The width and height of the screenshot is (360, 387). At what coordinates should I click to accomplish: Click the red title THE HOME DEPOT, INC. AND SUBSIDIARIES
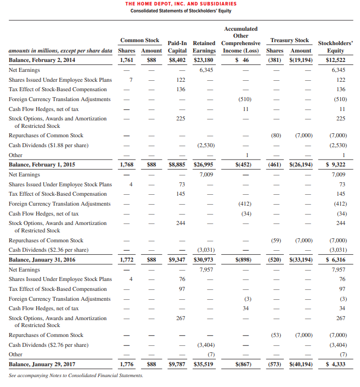click(180, 4)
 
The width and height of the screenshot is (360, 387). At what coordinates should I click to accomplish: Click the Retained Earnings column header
click(204, 47)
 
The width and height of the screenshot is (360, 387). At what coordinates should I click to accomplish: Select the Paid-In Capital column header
click(177, 47)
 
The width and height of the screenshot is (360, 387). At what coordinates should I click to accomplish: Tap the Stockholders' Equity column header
click(335, 47)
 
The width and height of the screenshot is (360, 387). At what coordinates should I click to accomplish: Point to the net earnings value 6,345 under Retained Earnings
click(206, 70)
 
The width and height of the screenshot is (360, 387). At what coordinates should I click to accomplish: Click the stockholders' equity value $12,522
click(335, 60)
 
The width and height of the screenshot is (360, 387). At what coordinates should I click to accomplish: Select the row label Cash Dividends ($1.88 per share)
click(49, 145)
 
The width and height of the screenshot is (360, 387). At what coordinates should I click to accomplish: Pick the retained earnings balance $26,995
click(203, 165)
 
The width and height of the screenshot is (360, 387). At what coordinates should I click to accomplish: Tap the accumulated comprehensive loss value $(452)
click(242, 165)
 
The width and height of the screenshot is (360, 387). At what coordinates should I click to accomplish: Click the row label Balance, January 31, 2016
click(42, 260)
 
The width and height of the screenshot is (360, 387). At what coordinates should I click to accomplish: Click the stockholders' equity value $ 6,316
click(335, 260)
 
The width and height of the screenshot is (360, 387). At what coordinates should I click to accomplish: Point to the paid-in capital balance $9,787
click(177, 364)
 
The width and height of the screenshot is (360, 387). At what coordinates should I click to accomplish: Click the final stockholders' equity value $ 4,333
click(335, 364)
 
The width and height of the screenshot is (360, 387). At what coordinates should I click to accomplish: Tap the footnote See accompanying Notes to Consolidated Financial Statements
click(76, 376)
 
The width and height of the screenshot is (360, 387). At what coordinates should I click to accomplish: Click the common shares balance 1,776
click(127, 364)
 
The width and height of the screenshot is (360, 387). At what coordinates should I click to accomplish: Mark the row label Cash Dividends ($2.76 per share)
click(49, 345)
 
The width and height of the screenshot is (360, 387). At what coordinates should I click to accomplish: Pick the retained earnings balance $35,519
click(203, 364)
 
